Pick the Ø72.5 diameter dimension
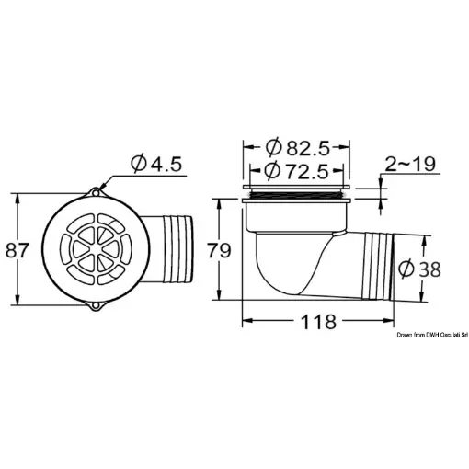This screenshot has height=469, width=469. point(295,171)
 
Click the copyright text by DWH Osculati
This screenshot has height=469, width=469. point(429,337)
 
